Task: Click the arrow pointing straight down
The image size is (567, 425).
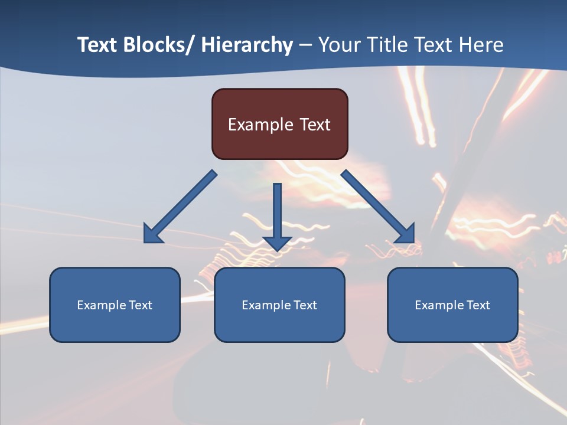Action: [277, 215]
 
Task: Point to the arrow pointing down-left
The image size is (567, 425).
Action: [180, 207]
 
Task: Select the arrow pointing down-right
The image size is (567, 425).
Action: [378, 207]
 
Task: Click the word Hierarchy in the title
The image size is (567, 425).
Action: [247, 45]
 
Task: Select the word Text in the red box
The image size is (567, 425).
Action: [315, 125]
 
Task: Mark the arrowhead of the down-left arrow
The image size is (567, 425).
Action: [152, 234]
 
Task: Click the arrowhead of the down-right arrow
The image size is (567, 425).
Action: [406, 234]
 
